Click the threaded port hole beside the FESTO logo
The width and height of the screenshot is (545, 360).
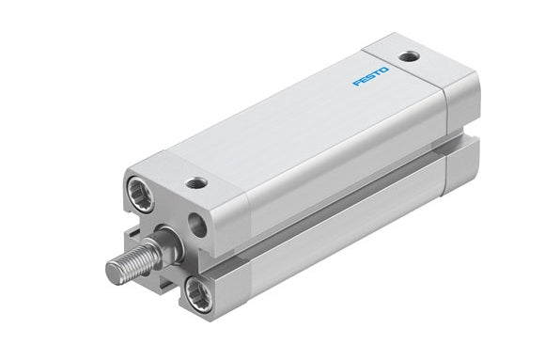[410, 55]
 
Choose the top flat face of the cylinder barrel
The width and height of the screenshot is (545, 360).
[301, 113]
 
